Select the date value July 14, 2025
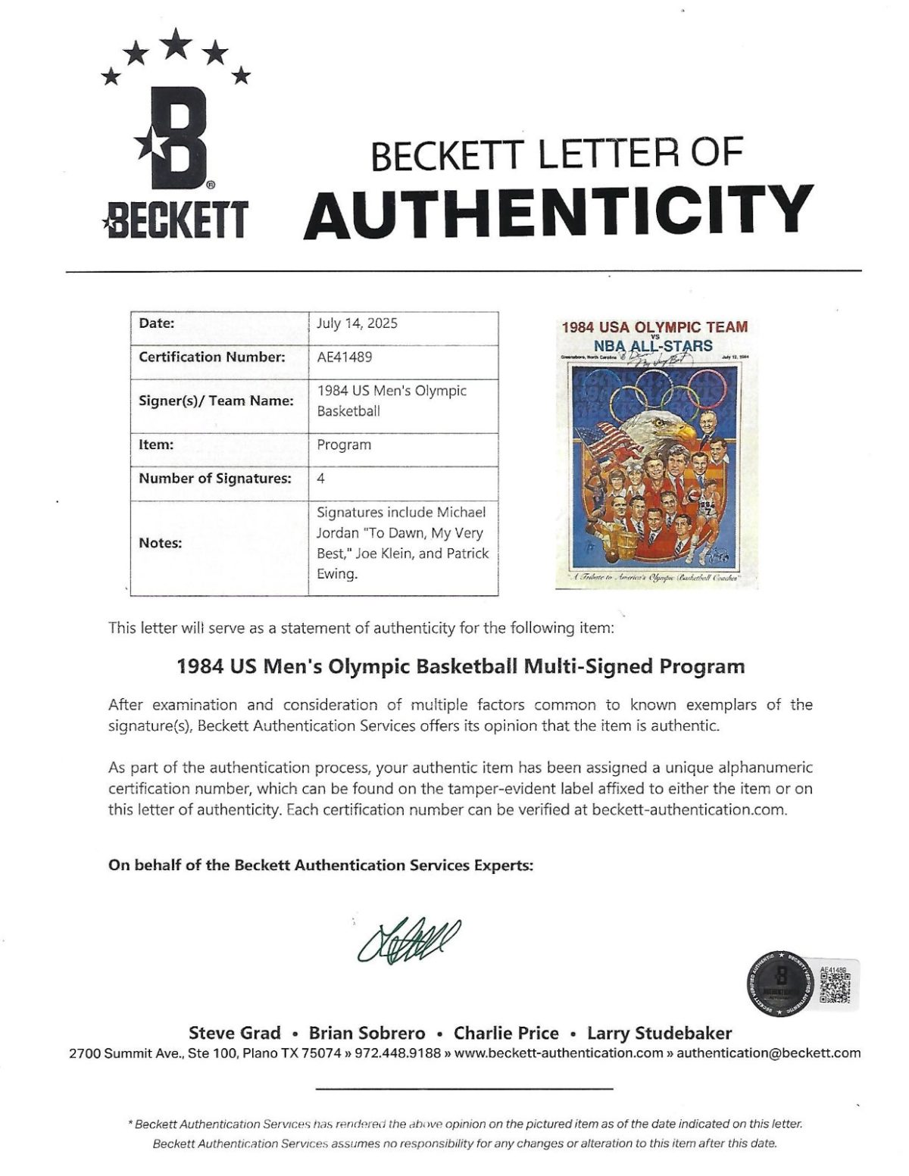[357, 323]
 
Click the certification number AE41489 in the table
[344, 357]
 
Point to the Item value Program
[344, 445]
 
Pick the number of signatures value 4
[321, 479]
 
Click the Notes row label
[160, 543]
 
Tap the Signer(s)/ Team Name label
[216, 401]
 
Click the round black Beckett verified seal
[780, 988]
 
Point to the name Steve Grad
[234, 1033]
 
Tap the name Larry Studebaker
[659, 1033]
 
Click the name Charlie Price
[506, 1033]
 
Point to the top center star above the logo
[176, 42]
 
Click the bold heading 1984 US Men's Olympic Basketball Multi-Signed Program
[461, 666]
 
